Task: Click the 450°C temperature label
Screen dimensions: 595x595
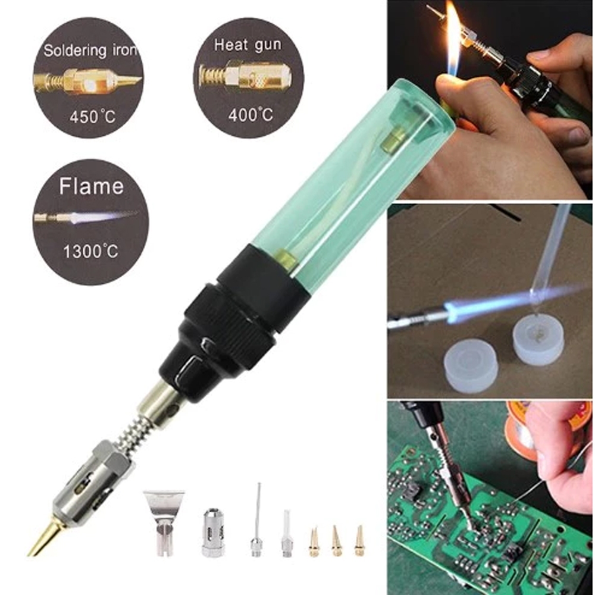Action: pyautogui.click(x=92, y=117)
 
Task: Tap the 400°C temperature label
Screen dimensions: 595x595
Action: pyautogui.click(x=250, y=114)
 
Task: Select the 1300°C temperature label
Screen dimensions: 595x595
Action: pyautogui.click(x=90, y=251)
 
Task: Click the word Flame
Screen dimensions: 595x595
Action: pyautogui.click(x=91, y=186)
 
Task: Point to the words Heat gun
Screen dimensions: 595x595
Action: pyautogui.click(x=248, y=45)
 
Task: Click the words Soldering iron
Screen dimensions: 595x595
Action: pyautogui.click(x=90, y=51)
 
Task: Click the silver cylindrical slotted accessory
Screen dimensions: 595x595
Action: pyautogui.click(x=213, y=533)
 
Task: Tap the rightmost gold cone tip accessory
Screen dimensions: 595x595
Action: pyautogui.click(x=359, y=541)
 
